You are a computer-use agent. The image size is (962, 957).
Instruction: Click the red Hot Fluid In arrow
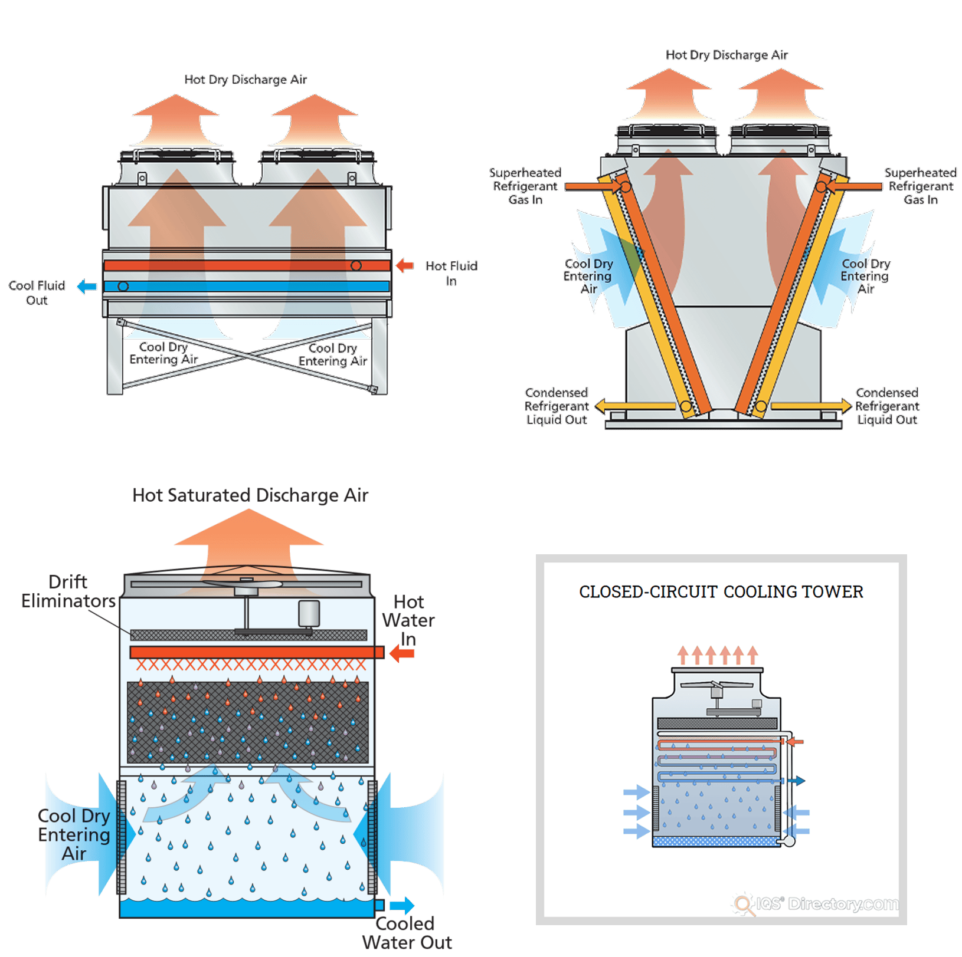pos(404,265)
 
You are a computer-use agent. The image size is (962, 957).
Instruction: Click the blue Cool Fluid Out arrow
pos(87,287)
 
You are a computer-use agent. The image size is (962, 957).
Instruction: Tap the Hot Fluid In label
pos(451,273)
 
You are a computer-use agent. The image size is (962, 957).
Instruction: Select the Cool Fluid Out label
pos(37,292)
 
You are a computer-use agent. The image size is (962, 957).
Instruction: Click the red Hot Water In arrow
pos(403,653)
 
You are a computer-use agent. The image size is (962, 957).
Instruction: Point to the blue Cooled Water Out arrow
pos(401,905)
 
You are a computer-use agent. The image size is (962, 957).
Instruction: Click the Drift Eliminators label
pos(68,591)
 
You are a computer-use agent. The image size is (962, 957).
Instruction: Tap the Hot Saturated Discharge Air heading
pos(250,495)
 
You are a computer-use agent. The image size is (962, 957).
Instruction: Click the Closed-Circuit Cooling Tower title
pos(721,592)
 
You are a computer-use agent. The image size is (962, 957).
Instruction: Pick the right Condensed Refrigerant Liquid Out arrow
pos(811,406)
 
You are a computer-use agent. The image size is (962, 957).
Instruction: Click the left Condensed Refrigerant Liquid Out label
pos(557,406)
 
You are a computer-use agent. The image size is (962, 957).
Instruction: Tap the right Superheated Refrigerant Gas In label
pos(921,186)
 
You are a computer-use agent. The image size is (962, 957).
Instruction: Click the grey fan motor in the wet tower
pos(309,613)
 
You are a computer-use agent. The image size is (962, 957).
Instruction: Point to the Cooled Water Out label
pos(407,933)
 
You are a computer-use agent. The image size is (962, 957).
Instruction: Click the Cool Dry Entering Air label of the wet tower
pos(74,834)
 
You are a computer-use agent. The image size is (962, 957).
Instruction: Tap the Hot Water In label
pos(408,620)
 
